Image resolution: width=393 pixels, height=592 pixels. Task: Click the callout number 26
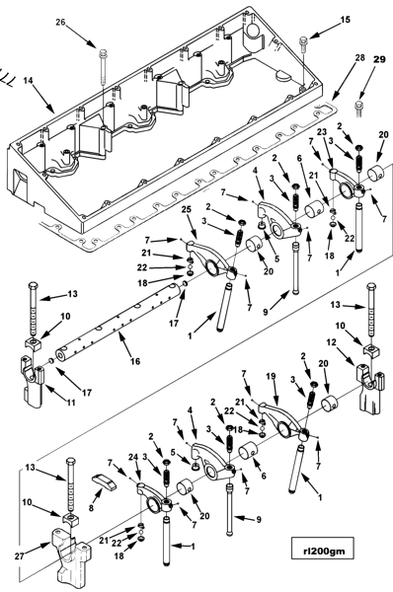[x=60, y=22]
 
